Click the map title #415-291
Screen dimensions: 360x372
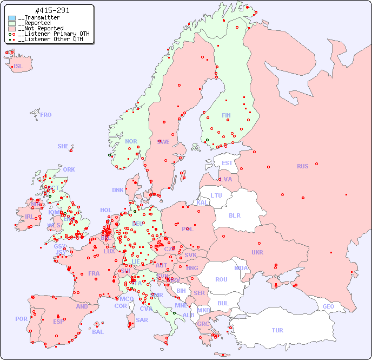pos(52,10)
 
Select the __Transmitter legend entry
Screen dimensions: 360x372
pos(38,17)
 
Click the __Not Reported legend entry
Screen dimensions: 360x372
pos(41,28)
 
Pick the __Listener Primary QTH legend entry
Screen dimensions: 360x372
pos(50,34)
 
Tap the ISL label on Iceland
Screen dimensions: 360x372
pos(18,67)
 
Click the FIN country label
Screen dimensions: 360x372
pos(226,115)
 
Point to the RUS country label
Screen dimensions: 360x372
pos(302,166)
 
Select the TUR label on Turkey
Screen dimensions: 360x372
pos(277,330)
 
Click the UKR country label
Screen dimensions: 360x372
pos(257,252)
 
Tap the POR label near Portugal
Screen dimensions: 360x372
pos(21,319)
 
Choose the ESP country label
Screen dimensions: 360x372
pos(58,321)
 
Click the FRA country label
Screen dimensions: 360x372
pos(94,273)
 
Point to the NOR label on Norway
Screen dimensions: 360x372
pos(131,141)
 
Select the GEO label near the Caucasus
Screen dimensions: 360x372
pos(328,306)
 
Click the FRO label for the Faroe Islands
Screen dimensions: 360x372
pos(46,115)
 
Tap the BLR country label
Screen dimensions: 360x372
pos(234,215)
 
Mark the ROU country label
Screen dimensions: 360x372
pos(221,279)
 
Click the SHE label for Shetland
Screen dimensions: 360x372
pos(63,146)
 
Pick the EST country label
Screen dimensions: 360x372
pos(227,163)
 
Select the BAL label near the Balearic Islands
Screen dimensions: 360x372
pos(98,332)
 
